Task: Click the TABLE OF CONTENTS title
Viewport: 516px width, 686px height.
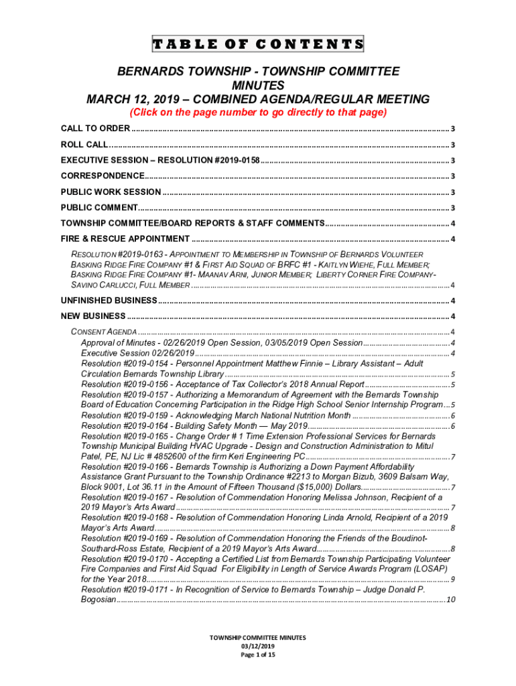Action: pos(258,45)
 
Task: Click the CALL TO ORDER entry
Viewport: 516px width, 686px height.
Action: pos(96,129)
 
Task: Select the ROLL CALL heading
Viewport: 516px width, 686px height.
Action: pos(84,145)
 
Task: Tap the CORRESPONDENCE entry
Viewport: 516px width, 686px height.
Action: pos(102,176)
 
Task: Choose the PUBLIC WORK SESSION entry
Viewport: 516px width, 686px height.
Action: pos(111,192)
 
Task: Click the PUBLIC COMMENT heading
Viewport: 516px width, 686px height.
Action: pos(99,208)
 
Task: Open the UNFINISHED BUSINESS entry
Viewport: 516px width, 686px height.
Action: pos(109,300)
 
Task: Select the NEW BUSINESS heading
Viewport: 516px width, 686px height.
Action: pos(93,316)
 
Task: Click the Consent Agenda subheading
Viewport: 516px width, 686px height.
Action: pos(104,332)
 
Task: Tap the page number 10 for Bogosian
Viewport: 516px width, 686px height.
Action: pos(450,600)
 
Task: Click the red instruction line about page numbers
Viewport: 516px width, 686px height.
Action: pos(258,113)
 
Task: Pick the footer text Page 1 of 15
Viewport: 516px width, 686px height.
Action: pos(258,655)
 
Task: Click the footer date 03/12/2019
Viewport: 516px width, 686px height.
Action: pos(258,646)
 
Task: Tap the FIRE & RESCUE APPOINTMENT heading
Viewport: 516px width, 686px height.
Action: pos(125,239)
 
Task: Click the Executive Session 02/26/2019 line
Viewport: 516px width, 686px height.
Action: pos(137,353)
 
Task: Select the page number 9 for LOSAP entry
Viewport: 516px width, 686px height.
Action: pos(454,579)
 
